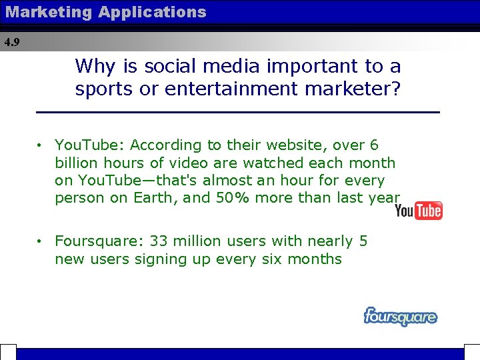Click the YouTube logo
[419, 211]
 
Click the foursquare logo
[400, 316]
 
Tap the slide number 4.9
[12, 42]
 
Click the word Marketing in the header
[47, 12]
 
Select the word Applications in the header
[153, 12]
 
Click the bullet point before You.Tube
[41, 145]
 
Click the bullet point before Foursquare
[41, 241]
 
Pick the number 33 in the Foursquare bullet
[159, 241]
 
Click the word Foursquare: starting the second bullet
[99, 241]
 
